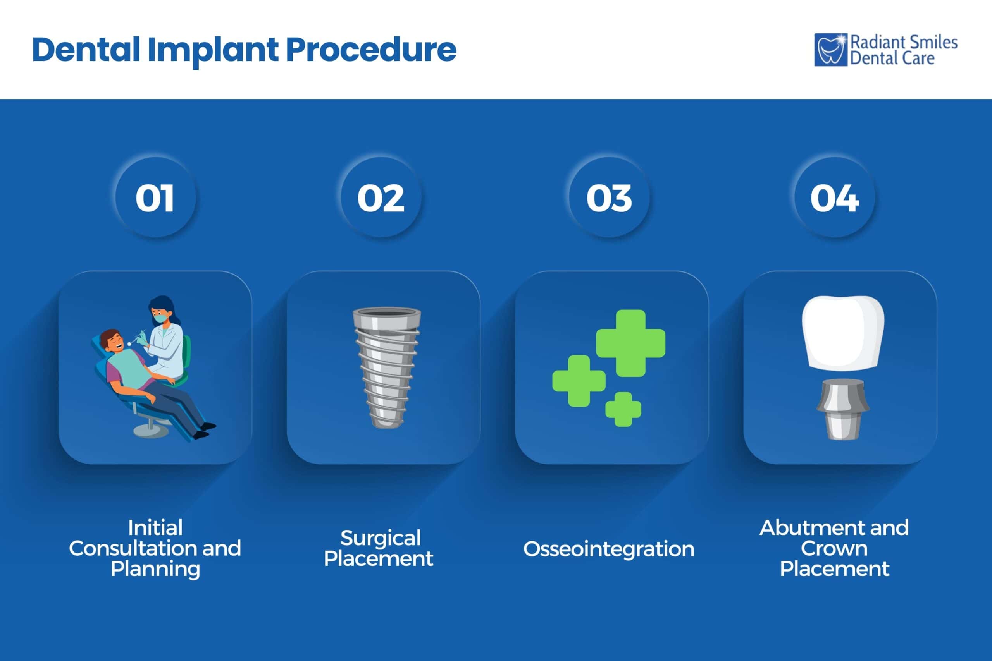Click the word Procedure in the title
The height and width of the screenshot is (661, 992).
click(371, 50)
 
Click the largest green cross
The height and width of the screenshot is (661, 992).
click(630, 343)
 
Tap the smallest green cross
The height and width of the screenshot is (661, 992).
click(623, 409)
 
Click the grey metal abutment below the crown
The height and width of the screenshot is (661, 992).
click(842, 409)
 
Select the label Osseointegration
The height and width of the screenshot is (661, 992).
click(609, 549)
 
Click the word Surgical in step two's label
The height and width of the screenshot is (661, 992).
click(381, 538)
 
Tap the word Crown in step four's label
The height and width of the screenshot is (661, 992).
click(834, 548)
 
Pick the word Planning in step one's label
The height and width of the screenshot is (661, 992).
click(155, 569)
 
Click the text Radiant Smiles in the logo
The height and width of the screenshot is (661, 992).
click(903, 43)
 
